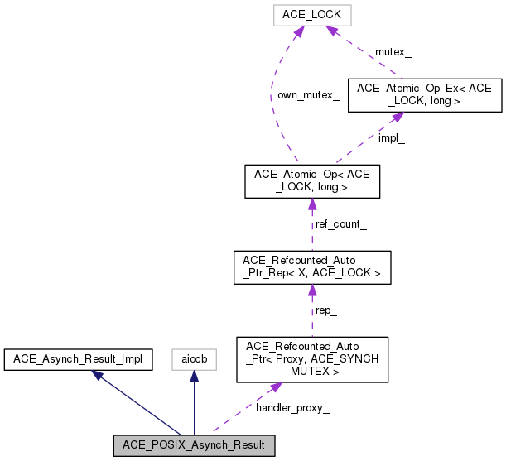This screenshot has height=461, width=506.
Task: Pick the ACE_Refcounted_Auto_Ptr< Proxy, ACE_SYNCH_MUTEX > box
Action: point(311,358)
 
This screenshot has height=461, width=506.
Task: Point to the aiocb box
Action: point(194,358)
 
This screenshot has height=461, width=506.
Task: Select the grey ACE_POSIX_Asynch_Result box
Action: point(194,444)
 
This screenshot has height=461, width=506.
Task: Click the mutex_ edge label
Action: point(393,51)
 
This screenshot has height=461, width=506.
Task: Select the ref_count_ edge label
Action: point(340,224)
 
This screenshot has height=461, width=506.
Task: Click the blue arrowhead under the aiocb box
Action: point(194,375)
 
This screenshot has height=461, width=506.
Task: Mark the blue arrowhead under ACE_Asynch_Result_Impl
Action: point(97,374)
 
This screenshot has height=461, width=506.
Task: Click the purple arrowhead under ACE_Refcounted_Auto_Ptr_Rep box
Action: point(311,290)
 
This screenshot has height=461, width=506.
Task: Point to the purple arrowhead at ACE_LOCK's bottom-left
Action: point(298,31)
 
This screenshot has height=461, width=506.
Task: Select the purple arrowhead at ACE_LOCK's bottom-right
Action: point(330,31)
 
